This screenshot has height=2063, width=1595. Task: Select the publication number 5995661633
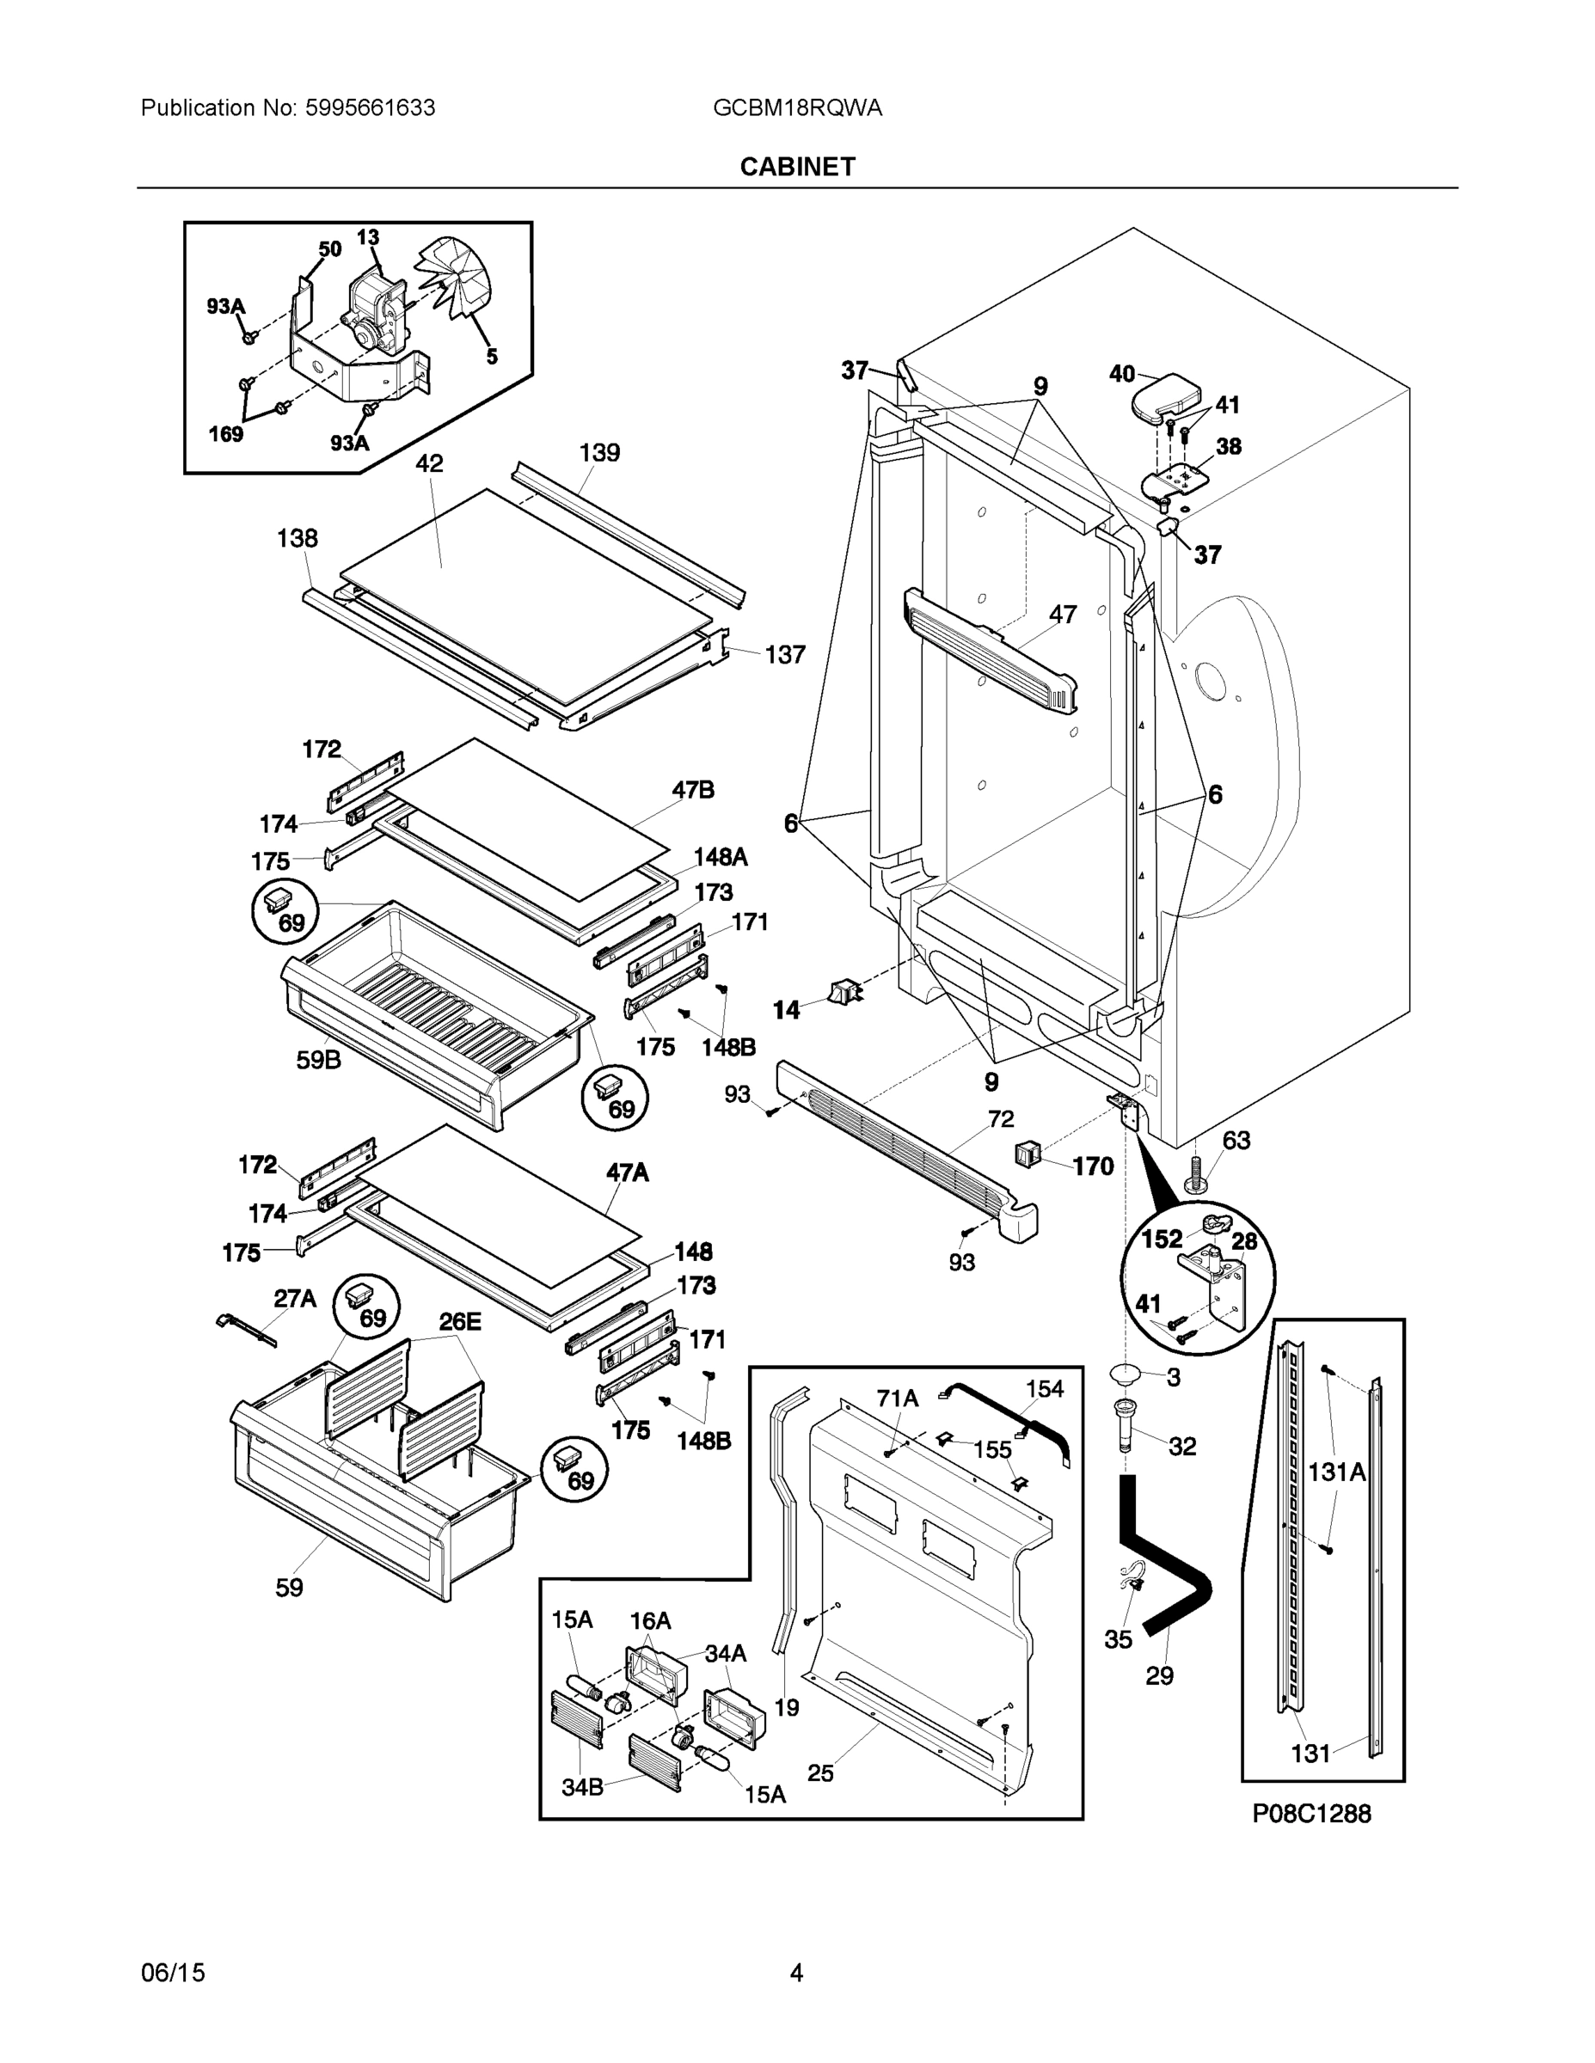[370, 107]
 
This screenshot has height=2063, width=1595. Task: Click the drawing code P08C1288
[1310, 1813]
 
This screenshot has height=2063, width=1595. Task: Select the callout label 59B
[318, 1060]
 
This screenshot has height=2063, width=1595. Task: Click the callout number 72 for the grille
[1001, 1118]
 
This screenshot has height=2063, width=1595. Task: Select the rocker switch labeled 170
[1028, 1154]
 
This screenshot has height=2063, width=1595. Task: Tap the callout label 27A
[295, 1299]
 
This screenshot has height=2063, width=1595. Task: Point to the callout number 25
[820, 1773]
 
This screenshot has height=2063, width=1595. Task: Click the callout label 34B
[582, 1787]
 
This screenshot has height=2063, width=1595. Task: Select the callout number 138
[297, 538]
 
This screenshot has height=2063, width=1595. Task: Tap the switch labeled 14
[843, 993]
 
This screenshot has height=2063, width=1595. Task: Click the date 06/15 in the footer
[173, 1973]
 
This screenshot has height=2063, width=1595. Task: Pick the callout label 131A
[1336, 1472]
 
